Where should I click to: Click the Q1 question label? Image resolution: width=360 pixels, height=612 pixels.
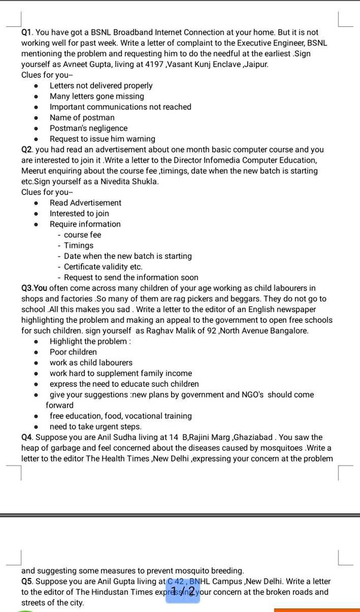(x=28, y=32)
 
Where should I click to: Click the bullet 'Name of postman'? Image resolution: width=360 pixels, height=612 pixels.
(x=82, y=118)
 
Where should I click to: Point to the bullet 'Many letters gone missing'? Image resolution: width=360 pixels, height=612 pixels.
(x=97, y=96)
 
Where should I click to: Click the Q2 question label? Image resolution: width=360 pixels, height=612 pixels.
(x=28, y=149)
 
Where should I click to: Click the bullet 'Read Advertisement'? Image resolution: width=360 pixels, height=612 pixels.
(x=86, y=203)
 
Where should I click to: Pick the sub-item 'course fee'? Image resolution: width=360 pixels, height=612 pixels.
(x=83, y=235)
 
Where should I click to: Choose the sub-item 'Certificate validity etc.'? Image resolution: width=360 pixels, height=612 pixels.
(x=103, y=267)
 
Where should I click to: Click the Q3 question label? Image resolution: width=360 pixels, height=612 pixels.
(x=30, y=288)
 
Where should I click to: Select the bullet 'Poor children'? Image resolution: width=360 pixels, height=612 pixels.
(x=73, y=352)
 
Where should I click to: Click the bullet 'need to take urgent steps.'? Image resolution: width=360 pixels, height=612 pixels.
(x=96, y=427)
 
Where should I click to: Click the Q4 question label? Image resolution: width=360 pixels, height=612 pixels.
(x=28, y=437)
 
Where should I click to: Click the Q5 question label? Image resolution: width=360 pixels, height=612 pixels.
(x=28, y=582)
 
